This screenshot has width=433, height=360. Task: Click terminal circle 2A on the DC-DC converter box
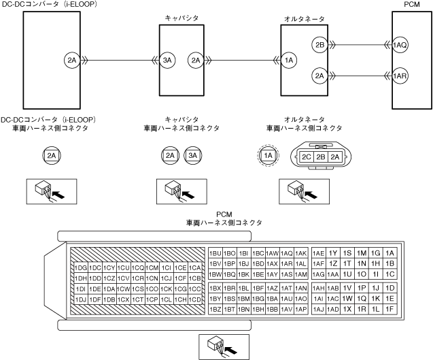[73, 61]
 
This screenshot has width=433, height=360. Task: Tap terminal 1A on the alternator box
[290, 61]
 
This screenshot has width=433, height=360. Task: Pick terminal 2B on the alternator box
[320, 45]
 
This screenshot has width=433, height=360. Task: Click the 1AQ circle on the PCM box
[400, 45]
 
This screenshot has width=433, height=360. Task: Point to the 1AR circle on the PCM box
[400, 76]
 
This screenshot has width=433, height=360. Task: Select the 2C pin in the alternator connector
[306, 157]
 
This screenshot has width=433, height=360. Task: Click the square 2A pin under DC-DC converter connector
[52, 156]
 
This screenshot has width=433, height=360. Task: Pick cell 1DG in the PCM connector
[81, 267]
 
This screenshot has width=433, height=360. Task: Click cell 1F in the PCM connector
[389, 309]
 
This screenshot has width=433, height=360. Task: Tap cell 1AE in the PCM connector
[319, 253]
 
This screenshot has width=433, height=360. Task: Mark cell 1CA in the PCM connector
[195, 267]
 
